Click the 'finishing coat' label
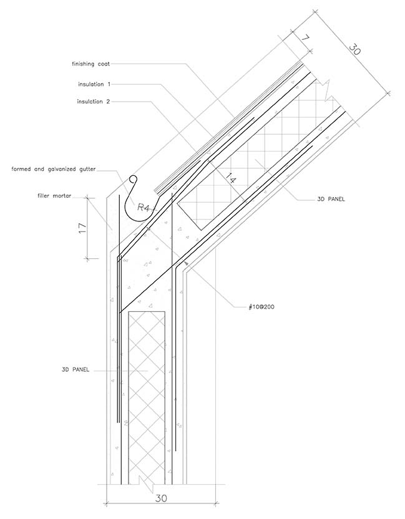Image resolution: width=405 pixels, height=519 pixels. point(92,63)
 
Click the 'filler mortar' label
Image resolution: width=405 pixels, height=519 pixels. point(55,196)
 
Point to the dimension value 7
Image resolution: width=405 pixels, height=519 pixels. point(305,39)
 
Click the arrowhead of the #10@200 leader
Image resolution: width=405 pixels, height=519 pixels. point(186,266)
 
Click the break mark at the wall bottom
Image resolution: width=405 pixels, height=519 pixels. point(148,482)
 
